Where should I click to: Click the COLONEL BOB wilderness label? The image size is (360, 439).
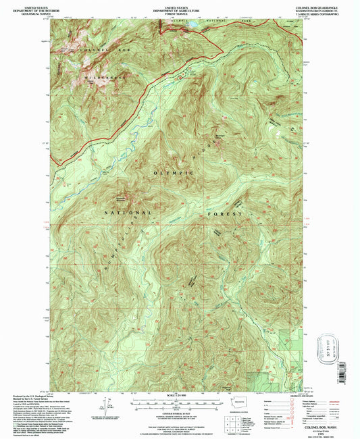pyautogui.click(x=99, y=51)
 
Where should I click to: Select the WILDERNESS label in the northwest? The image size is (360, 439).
pyautogui.click(x=100, y=76)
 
